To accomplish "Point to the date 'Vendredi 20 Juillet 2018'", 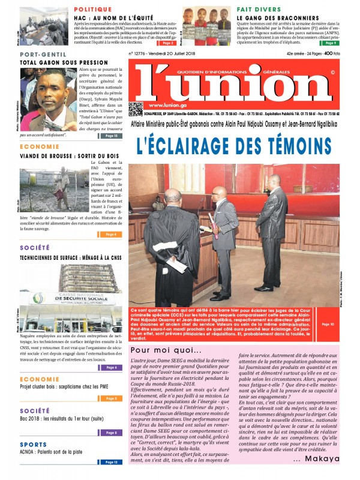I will tap(170, 53).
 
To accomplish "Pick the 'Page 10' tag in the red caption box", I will tap(328, 325).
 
